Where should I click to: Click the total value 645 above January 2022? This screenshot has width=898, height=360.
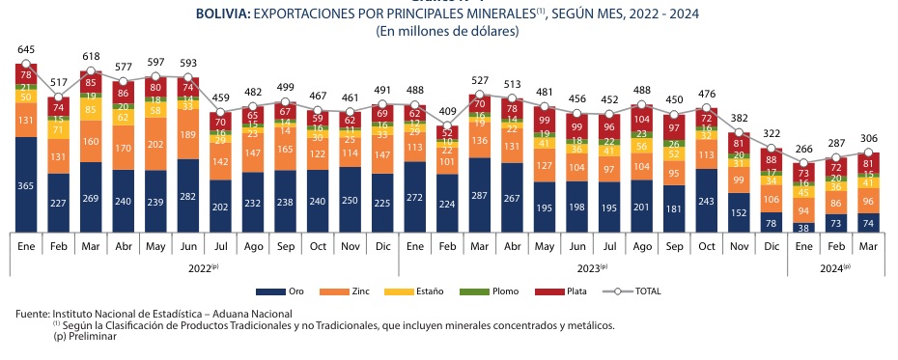pyautogui.click(x=26, y=49)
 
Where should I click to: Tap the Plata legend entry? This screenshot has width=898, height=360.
pyautogui.click(x=566, y=291)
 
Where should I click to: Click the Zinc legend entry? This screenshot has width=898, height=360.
pyautogui.click(x=354, y=291)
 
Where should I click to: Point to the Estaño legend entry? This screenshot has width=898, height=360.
pyautogui.click(x=426, y=291)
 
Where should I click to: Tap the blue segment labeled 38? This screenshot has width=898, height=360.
pyautogui.click(x=803, y=228)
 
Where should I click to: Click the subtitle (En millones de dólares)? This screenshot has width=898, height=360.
pyautogui.click(x=447, y=32)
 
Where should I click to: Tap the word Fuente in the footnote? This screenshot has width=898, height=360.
pyautogui.click(x=32, y=314)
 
